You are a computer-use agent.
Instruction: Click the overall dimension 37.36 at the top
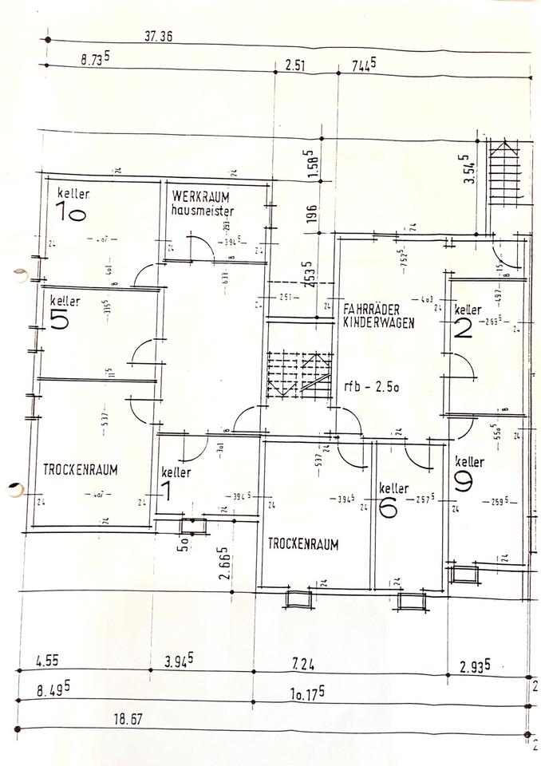click(x=159, y=36)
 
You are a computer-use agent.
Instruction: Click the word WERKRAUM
click(x=200, y=196)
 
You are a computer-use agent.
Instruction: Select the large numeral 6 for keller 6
click(x=388, y=507)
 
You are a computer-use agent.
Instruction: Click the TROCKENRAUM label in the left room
click(x=81, y=471)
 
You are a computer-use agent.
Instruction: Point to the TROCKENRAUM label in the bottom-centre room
click(x=303, y=545)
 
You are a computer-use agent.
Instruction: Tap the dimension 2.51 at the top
click(x=296, y=65)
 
